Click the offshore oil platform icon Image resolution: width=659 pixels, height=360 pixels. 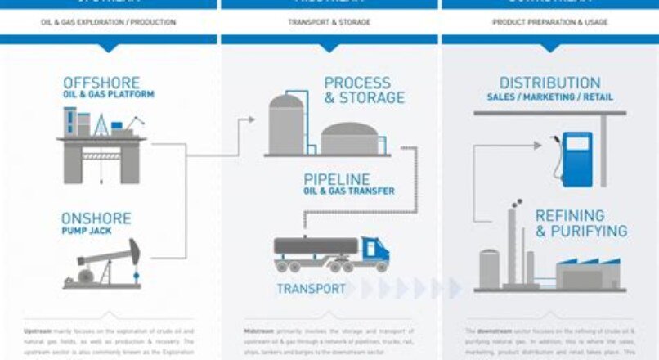(x=101, y=144)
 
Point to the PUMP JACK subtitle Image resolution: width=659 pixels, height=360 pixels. (x=85, y=232)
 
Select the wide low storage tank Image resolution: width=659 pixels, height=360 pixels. (x=350, y=139)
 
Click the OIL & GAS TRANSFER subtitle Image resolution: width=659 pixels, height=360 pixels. (x=349, y=191)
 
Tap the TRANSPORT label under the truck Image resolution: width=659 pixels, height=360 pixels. (x=311, y=289)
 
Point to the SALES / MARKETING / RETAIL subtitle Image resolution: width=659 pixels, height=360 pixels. (x=549, y=97)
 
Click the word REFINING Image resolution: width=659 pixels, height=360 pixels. (x=570, y=215)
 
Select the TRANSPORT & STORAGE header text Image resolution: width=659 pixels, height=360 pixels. (x=329, y=22)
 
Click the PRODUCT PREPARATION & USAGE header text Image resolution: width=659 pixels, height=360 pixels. (x=549, y=22)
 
